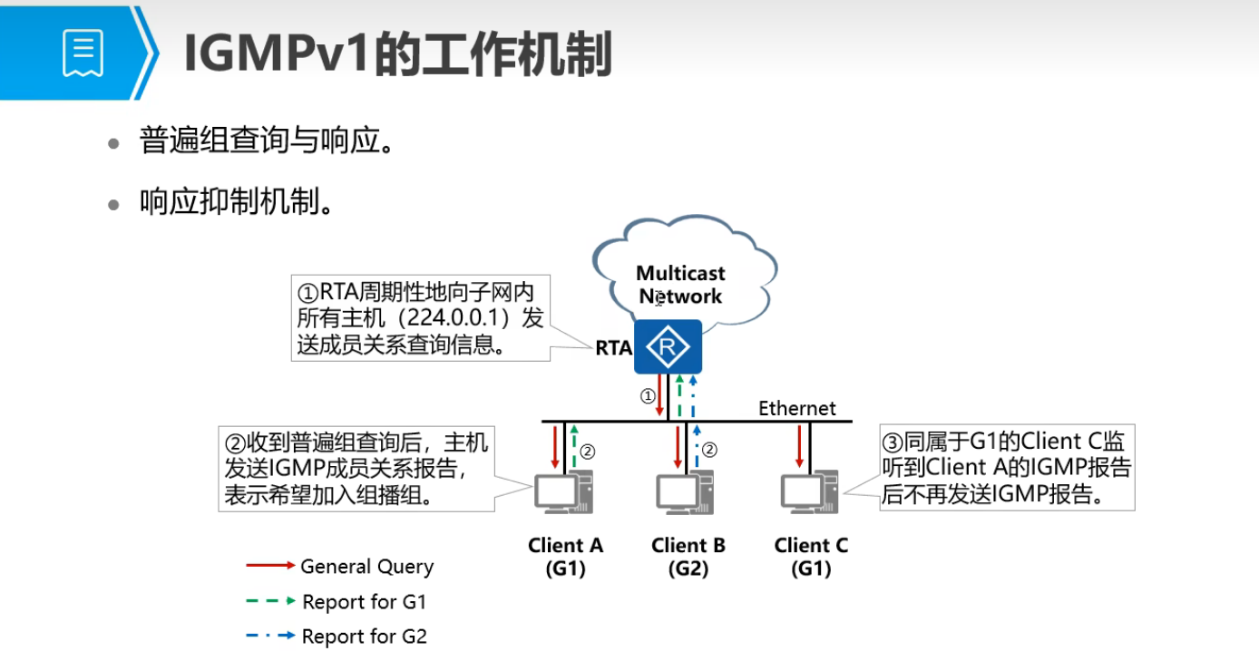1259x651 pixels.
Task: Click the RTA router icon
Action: point(668,346)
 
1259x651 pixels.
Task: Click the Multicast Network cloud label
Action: point(679,284)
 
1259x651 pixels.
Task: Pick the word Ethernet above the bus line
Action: point(797,408)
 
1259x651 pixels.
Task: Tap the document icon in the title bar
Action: point(83,53)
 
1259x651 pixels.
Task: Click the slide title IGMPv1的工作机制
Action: point(397,54)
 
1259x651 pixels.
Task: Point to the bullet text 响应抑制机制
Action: point(234,202)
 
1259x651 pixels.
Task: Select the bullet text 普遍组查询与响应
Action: point(265,141)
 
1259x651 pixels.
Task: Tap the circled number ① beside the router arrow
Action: point(647,396)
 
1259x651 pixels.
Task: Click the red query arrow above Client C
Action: point(799,445)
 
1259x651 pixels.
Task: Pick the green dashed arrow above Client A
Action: point(574,447)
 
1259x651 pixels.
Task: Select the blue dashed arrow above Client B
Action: point(697,447)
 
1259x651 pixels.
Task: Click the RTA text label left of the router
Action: point(613,348)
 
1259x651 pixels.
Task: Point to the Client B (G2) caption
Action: point(688,557)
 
